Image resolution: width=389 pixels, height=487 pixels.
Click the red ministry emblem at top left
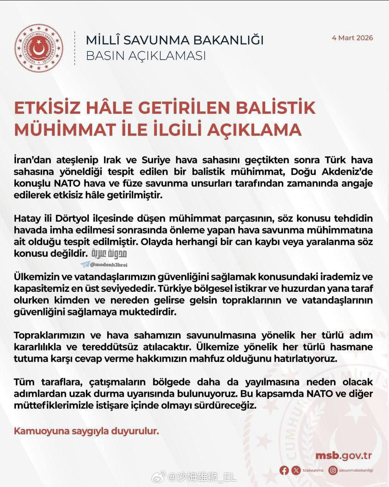(x=39, y=48)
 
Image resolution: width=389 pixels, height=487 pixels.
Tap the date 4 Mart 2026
(x=352, y=38)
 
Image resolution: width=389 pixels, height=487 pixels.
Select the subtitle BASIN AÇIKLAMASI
(x=146, y=56)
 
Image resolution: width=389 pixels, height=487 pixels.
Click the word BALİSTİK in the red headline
(x=276, y=108)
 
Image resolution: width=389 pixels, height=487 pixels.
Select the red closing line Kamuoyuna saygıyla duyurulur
(x=86, y=431)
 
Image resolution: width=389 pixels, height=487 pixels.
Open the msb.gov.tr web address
(x=343, y=456)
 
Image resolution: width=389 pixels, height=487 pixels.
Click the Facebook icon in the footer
(x=284, y=470)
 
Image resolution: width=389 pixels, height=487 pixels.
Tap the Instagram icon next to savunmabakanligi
(x=333, y=470)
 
